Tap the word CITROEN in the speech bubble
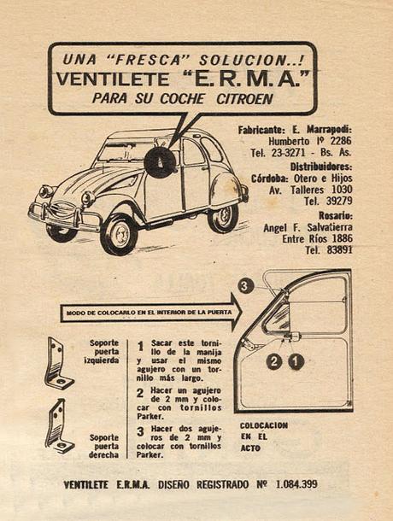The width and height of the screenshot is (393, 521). pyautogui.click(x=242, y=98)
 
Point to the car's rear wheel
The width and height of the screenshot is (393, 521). pyautogui.click(x=224, y=216)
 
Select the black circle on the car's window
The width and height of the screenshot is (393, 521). pyautogui.click(x=160, y=161)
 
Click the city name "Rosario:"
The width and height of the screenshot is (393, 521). pyautogui.click(x=330, y=214)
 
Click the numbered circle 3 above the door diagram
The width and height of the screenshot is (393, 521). pyautogui.click(x=246, y=285)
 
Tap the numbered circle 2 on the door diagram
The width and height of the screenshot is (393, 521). pyautogui.click(x=273, y=361)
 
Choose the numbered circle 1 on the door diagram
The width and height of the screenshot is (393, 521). pyautogui.click(x=296, y=361)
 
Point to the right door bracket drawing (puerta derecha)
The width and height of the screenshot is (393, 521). pyautogui.click(x=59, y=426)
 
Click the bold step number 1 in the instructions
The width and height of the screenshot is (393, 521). pyautogui.click(x=140, y=347)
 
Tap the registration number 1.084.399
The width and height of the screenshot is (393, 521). pyautogui.click(x=296, y=484)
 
